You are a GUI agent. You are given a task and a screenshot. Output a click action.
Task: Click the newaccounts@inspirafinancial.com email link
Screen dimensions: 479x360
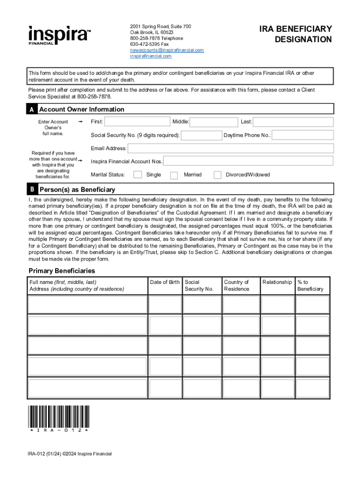(x=167, y=50)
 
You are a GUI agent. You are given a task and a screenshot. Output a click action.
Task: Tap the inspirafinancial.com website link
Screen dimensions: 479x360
(x=151, y=56)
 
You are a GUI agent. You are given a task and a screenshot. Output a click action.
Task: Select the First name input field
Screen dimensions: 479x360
(x=136, y=122)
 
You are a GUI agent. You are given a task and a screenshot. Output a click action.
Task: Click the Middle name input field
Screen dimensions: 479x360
(x=214, y=122)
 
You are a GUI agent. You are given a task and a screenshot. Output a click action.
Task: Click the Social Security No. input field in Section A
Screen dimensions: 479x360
(x=201, y=136)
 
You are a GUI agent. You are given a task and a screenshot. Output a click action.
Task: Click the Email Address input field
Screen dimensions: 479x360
(x=230, y=149)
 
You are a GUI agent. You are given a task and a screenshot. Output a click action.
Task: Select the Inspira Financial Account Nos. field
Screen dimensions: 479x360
(x=248, y=161)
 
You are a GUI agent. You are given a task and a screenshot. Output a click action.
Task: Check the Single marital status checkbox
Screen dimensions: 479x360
(x=138, y=175)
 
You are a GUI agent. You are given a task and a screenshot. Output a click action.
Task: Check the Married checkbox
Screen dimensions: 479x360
(x=174, y=175)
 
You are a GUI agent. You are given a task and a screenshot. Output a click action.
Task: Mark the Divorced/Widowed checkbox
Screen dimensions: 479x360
(x=217, y=175)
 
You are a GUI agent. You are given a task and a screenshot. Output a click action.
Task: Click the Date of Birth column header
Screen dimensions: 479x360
(x=165, y=282)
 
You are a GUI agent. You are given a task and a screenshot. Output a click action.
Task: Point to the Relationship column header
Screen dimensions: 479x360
(x=277, y=282)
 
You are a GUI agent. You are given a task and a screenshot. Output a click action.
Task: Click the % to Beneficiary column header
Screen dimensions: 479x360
(x=310, y=285)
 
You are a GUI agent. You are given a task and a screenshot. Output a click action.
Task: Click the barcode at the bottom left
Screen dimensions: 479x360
(x=59, y=417)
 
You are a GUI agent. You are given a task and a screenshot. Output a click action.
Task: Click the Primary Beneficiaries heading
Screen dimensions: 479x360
(x=62, y=271)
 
